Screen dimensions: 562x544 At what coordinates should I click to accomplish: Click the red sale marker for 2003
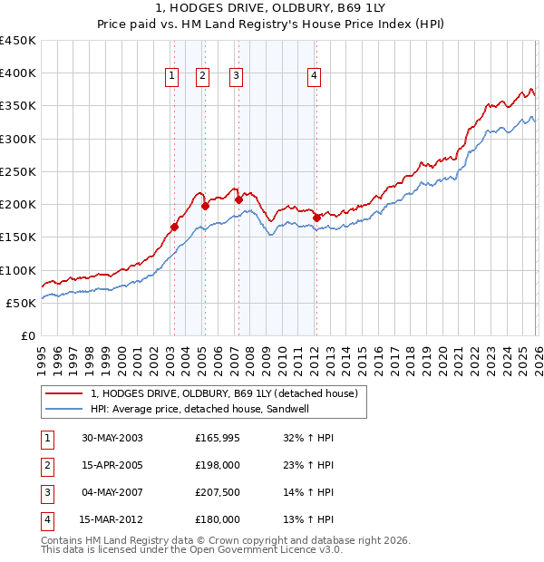click(x=174, y=227)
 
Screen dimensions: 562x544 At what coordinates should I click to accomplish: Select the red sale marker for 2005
click(x=205, y=206)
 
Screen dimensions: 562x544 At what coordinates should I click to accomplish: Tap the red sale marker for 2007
click(x=238, y=199)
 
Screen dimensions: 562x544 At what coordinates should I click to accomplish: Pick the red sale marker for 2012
click(x=316, y=218)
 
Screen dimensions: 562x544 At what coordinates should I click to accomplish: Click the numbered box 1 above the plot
click(x=170, y=77)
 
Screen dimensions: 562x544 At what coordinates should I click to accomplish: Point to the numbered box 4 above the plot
click(x=314, y=77)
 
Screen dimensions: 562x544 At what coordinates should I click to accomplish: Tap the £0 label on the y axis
click(x=27, y=336)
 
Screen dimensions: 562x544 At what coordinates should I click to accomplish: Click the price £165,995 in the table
click(x=218, y=438)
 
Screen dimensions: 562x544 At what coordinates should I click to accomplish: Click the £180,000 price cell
click(x=218, y=519)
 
